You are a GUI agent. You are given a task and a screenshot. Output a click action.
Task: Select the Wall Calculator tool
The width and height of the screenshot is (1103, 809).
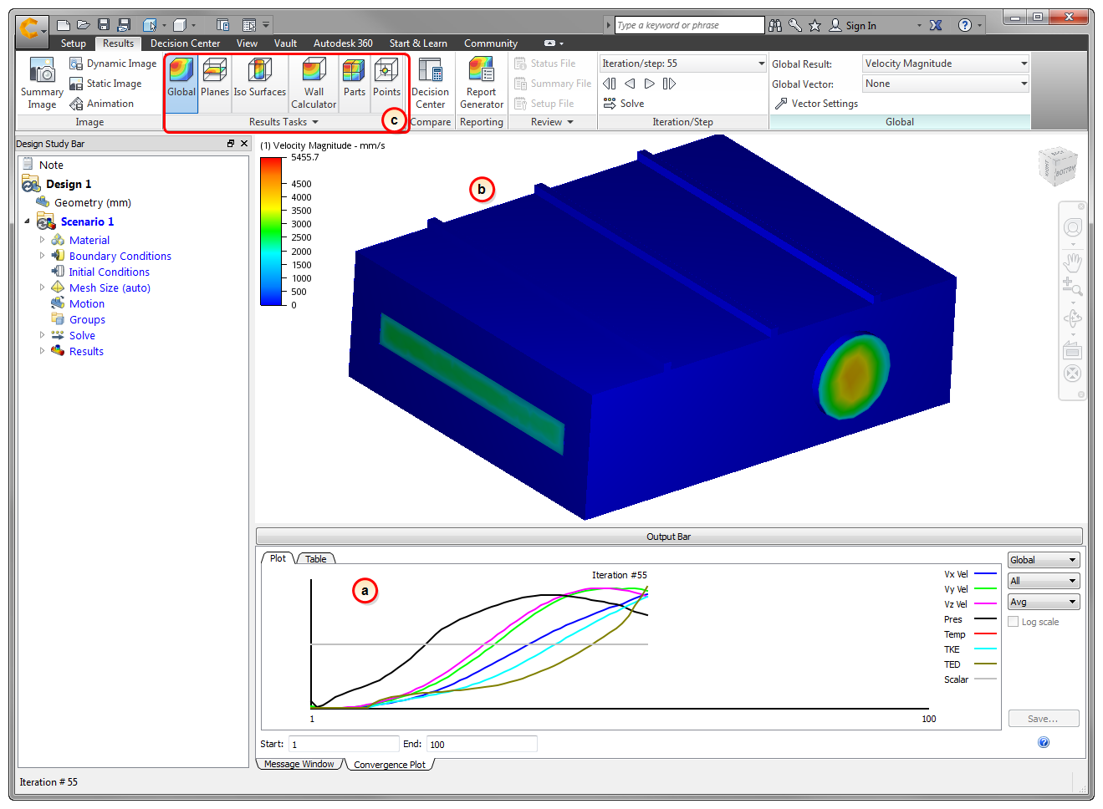pyautogui.click(x=314, y=83)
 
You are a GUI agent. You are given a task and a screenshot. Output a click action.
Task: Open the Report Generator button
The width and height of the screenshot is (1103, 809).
pyautogui.click(x=481, y=83)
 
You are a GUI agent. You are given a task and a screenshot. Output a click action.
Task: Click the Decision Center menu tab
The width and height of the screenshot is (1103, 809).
pyautogui.click(x=185, y=43)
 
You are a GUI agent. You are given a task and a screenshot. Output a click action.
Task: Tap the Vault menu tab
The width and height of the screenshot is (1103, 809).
pyautogui.click(x=285, y=43)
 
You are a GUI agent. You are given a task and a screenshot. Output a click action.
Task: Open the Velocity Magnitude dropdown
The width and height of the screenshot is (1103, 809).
pyautogui.click(x=946, y=64)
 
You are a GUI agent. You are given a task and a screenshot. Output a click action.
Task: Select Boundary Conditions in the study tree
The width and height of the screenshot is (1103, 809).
pyautogui.click(x=120, y=256)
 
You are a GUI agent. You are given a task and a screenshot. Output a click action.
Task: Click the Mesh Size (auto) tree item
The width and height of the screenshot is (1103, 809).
pyautogui.click(x=110, y=287)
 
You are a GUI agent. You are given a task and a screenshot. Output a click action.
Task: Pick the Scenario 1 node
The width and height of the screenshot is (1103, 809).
pyautogui.click(x=87, y=221)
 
